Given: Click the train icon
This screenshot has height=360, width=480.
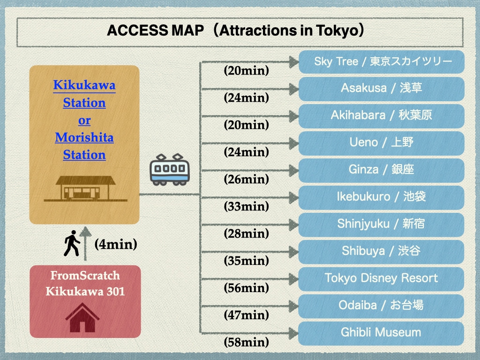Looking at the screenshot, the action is click(170, 170).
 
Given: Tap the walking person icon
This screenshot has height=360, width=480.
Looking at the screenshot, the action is click(72, 243).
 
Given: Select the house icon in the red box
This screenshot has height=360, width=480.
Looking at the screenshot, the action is click(82, 317).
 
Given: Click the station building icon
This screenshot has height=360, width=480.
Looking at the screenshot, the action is click(85, 188).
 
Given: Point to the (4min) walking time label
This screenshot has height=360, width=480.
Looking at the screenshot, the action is click(116, 244).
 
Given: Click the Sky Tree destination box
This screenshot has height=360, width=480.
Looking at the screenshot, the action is click(382, 62).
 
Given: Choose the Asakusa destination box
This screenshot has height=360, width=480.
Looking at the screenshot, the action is click(382, 89).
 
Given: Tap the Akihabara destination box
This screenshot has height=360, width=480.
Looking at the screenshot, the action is click(382, 116).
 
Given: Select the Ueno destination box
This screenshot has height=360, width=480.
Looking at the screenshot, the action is click(382, 143).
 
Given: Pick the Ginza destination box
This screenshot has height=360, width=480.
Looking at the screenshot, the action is click(382, 170).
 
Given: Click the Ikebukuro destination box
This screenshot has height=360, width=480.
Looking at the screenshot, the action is click(382, 197).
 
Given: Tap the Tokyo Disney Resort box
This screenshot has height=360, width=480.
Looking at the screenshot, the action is click(381, 279).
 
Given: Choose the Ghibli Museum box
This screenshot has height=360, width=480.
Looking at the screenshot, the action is click(381, 333).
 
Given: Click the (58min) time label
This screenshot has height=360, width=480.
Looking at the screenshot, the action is click(247, 342).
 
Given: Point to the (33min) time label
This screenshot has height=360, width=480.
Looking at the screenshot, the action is click(247, 206).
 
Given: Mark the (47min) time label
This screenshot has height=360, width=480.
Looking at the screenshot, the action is click(247, 315).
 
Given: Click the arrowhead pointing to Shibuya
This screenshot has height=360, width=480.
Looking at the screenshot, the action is click(294, 252).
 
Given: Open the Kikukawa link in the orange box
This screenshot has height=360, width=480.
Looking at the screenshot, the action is click(84, 85).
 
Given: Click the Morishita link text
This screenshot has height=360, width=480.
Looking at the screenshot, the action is click(84, 137).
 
